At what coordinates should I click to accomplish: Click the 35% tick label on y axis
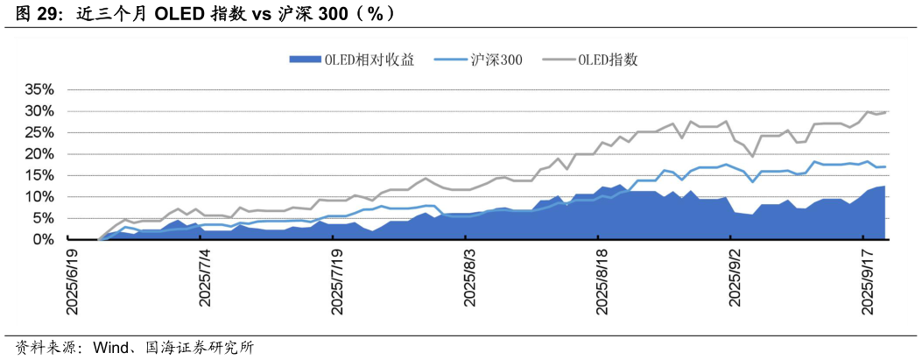(40, 89)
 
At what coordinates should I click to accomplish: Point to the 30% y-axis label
(40, 111)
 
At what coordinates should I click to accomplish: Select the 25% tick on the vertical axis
(40, 132)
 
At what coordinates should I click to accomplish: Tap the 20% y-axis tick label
(40, 153)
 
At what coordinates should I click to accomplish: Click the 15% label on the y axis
(40, 175)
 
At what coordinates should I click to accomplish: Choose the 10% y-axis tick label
(40, 196)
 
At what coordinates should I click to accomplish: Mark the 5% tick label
(44, 218)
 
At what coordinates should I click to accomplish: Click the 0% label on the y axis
(44, 239)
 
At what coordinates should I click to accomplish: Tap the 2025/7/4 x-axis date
(206, 278)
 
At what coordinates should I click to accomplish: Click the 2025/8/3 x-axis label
(470, 278)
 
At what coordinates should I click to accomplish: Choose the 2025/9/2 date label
(735, 278)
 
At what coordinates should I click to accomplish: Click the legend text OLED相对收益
(369, 60)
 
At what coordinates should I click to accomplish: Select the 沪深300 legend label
(496, 60)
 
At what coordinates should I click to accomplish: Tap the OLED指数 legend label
(613, 60)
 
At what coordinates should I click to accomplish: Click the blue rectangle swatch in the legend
(305, 60)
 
